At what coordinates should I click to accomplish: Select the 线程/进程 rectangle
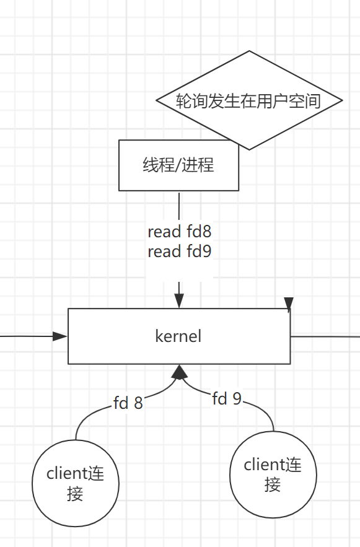(x=178, y=165)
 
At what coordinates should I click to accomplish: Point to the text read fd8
(x=180, y=232)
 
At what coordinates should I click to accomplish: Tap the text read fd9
(x=180, y=252)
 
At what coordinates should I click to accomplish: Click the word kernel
(x=178, y=336)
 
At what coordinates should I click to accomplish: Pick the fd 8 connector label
(x=128, y=403)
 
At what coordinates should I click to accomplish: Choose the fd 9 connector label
(x=227, y=399)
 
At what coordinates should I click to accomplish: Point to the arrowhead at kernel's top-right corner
(x=288, y=304)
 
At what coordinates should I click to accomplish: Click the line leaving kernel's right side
(x=325, y=336)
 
